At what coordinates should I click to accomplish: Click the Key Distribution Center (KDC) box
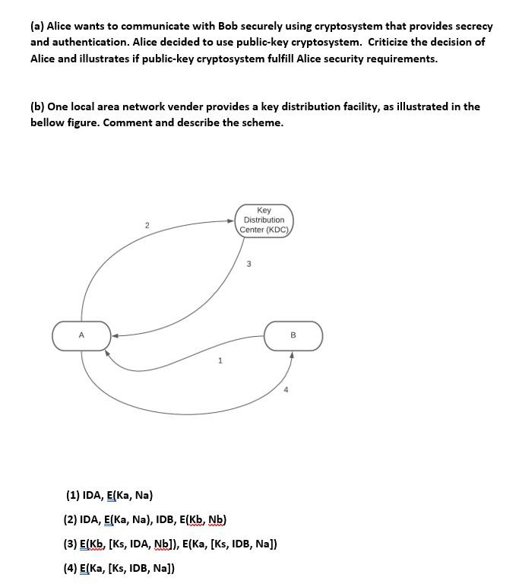coord(264,220)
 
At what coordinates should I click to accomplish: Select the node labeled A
coord(81,335)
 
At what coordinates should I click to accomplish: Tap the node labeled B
coord(293,335)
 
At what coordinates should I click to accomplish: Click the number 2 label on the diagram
coord(147,225)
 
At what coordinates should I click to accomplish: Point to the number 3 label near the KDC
coord(249,264)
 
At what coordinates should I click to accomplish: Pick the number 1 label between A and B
coord(220,360)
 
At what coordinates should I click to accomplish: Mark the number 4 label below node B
coord(286,390)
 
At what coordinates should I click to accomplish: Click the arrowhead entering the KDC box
coord(231,221)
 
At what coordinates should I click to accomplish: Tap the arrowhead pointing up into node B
coord(292,354)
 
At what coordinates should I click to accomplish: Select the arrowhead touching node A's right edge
coord(116,335)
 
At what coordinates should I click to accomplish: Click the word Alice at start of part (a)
coord(62,26)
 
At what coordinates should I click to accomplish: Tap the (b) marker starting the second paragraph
coord(37,106)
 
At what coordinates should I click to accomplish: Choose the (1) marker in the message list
coord(72,495)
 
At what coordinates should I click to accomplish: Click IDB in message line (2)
coord(166,519)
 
